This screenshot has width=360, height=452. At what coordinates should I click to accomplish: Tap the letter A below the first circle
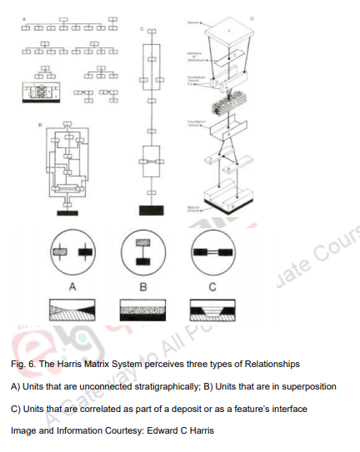point(72,287)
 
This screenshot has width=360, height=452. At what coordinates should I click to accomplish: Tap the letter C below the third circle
point(212,287)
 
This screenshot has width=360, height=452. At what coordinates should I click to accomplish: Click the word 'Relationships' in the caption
point(264,365)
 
